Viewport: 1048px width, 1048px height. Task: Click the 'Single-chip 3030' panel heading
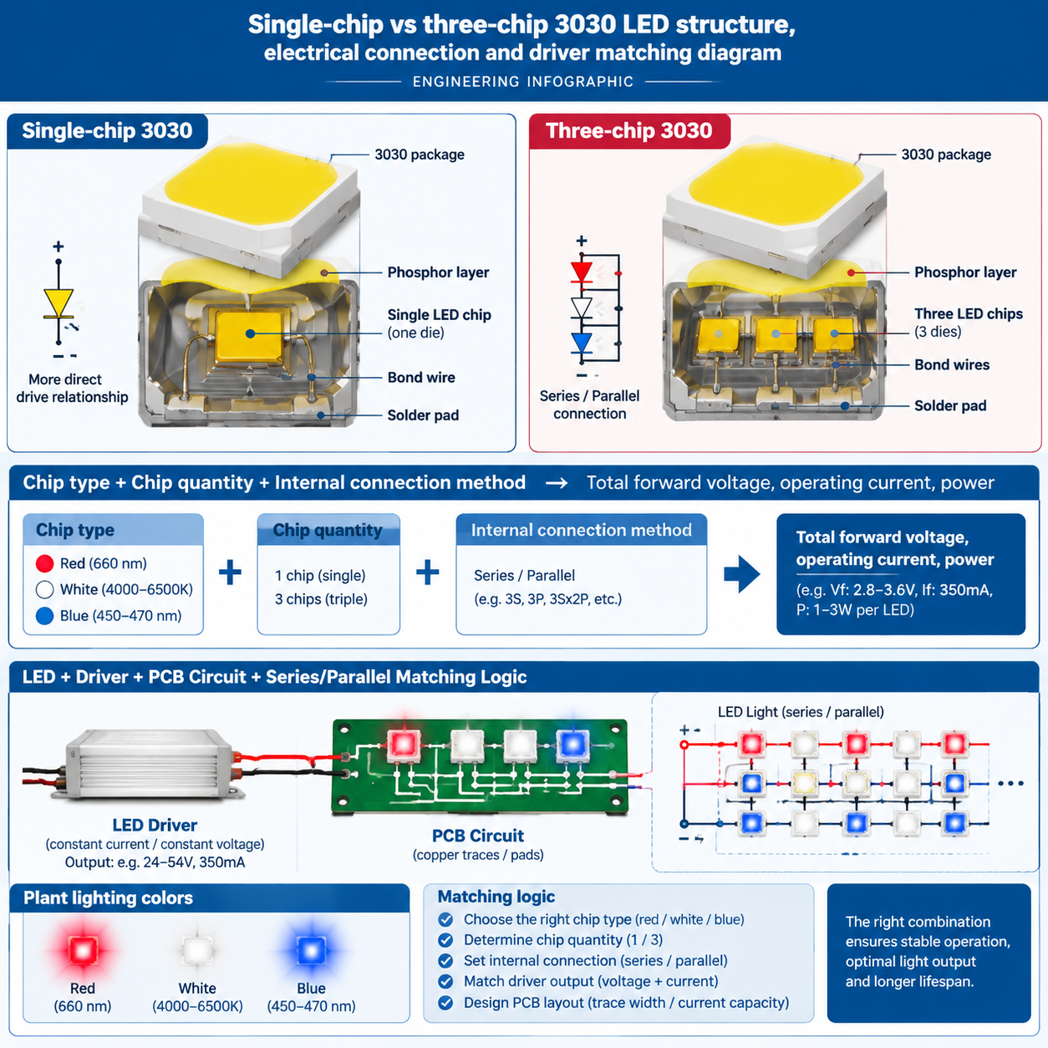coord(107,130)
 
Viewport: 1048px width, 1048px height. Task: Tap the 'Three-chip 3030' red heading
coord(628,130)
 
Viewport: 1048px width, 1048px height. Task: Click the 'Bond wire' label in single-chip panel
coord(421,378)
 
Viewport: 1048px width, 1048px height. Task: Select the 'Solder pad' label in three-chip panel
coord(950,405)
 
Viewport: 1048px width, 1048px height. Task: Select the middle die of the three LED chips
coord(776,334)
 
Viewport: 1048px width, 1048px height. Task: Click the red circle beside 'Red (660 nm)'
coord(44,563)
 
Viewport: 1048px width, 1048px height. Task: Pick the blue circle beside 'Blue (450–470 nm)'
coord(44,616)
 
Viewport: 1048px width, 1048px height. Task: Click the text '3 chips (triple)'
coord(321,599)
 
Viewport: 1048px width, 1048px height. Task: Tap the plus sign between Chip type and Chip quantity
coord(230,572)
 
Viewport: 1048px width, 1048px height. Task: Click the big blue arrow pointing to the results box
coord(742,574)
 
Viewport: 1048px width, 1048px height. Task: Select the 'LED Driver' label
coord(155,825)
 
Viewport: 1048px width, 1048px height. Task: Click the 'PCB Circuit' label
coord(477,836)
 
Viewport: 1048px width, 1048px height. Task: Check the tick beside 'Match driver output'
coord(445,982)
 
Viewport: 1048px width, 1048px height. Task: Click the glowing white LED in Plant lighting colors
coord(197,950)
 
